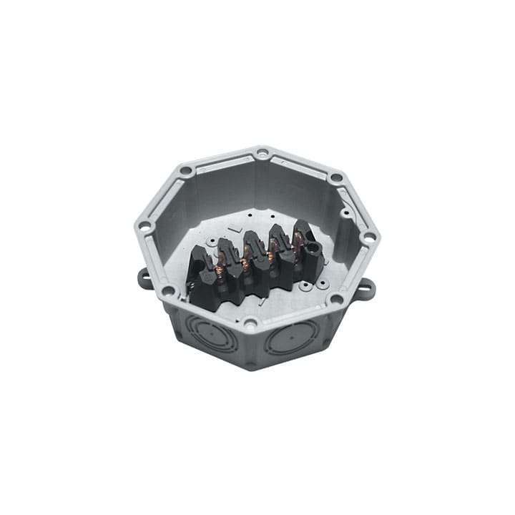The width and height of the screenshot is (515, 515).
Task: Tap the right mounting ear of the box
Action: click(x=366, y=290)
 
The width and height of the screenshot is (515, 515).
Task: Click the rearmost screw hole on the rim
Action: click(x=263, y=153)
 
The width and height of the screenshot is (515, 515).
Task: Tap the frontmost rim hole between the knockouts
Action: click(x=250, y=323)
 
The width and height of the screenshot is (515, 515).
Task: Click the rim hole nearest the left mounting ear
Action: click(x=168, y=290)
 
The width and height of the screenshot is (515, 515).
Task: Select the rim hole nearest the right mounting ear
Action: click(x=335, y=298)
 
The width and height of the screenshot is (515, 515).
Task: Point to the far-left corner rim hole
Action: click(x=144, y=226)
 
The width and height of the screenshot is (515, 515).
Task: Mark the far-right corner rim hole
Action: click(x=369, y=237)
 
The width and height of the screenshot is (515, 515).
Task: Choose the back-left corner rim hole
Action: click(x=186, y=171)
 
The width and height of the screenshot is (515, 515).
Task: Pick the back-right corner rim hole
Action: click(x=334, y=176)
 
